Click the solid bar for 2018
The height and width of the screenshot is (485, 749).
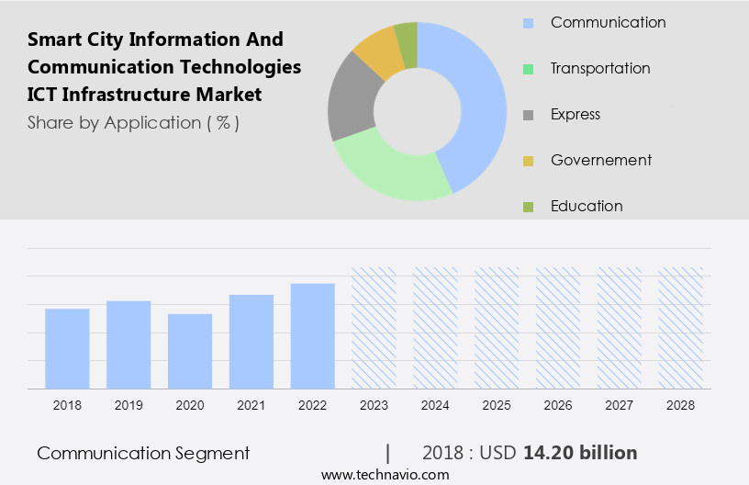[x=67, y=348]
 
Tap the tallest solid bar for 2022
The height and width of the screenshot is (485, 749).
[x=313, y=335]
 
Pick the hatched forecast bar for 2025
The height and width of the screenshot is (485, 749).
[x=497, y=328]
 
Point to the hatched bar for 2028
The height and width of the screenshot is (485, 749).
[x=681, y=328]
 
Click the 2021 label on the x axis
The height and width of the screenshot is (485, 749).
[x=252, y=405]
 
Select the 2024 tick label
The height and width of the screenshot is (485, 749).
[x=435, y=405]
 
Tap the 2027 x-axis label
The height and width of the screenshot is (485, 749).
[x=620, y=405]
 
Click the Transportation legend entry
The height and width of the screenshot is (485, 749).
[x=600, y=68]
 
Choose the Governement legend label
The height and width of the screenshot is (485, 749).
[x=601, y=160]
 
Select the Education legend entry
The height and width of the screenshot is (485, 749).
[x=587, y=206]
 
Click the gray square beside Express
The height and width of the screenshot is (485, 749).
[x=527, y=115]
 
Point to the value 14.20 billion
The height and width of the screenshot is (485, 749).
[x=580, y=453]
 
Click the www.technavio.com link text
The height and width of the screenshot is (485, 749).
[x=386, y=475]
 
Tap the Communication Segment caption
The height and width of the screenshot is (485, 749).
[x=143, y=453]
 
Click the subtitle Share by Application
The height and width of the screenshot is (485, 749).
[x=133, y=122]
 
